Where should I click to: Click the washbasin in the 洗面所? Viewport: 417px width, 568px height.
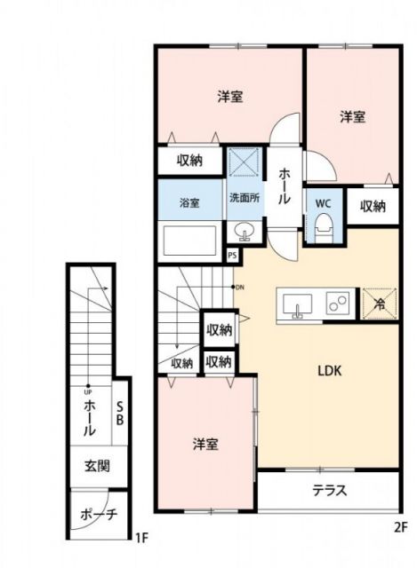coord(244,233)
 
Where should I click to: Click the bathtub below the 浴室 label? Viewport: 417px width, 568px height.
coord(189,241)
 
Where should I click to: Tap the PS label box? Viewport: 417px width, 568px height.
coord(232,256)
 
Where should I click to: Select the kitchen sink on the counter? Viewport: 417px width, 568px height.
coord(297,305)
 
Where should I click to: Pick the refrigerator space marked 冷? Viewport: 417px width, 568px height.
coord(378,304)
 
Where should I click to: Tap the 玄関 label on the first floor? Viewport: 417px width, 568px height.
coord(96,465)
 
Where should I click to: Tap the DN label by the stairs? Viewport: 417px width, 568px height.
coord(238,287)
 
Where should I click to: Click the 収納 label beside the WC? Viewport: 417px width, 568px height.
coord(373,206)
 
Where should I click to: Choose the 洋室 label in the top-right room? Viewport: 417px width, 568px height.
coord(353,116)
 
